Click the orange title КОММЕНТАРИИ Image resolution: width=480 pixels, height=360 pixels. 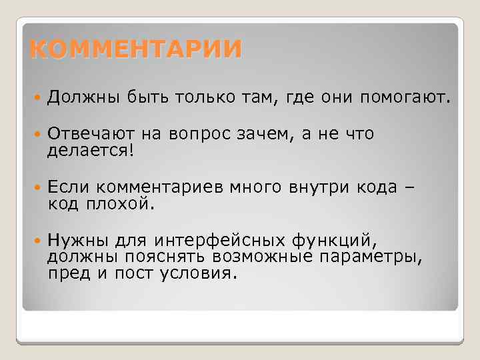[x=136, y=50]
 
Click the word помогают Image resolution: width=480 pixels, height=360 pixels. [x=406, y=99]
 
